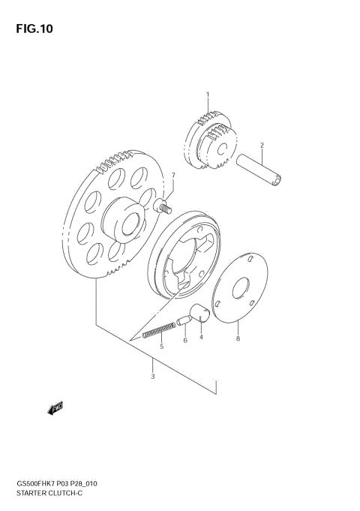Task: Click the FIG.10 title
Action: [x=32, y=30]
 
